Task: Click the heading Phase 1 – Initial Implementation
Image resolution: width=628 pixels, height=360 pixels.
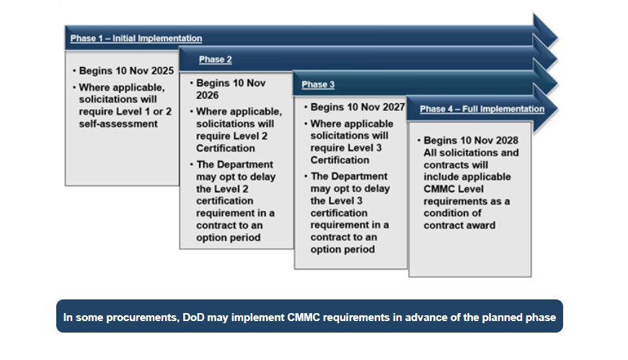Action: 136,38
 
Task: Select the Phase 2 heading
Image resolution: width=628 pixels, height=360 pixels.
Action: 216,60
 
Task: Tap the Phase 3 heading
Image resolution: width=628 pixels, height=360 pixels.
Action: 318,84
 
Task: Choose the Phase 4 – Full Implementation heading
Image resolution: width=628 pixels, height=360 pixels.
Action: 482,109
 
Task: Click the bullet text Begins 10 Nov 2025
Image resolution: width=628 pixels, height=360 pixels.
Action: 126,72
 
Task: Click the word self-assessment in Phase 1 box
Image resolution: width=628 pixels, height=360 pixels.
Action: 118,123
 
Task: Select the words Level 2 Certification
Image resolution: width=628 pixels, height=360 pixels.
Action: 225,141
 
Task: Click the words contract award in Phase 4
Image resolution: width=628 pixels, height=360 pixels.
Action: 459,225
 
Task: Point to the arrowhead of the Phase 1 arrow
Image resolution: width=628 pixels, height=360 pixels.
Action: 547,31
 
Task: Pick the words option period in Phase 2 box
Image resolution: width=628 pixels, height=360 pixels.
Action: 229,237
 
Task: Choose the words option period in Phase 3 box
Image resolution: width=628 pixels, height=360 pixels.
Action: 342,249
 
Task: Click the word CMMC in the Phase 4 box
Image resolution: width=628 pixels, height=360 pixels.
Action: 439,189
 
